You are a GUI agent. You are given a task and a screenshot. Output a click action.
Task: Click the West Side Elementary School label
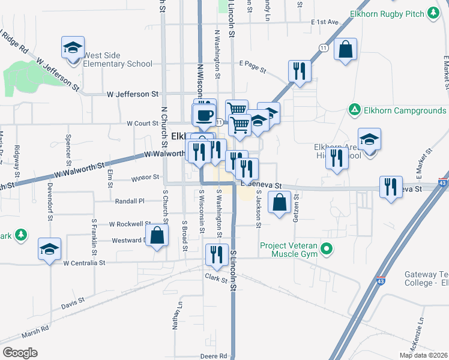click(x=118, y=59)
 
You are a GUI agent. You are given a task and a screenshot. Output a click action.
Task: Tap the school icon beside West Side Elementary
click(x=73, y=47)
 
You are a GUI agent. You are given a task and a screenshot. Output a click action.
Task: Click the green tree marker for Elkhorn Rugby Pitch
click(x=432, y=13)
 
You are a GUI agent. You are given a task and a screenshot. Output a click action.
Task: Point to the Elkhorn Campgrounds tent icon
click(x=354, y=110)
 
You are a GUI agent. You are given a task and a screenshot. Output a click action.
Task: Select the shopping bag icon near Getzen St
click(x=280, y=202)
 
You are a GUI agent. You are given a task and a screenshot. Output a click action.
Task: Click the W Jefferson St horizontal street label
click(x=132, y=94)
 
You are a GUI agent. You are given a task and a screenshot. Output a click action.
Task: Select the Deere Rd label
click(x=214, y=356)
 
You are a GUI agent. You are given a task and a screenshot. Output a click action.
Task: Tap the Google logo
click(x=20, y=353)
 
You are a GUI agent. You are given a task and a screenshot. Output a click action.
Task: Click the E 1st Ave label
click(x=325, y=22)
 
